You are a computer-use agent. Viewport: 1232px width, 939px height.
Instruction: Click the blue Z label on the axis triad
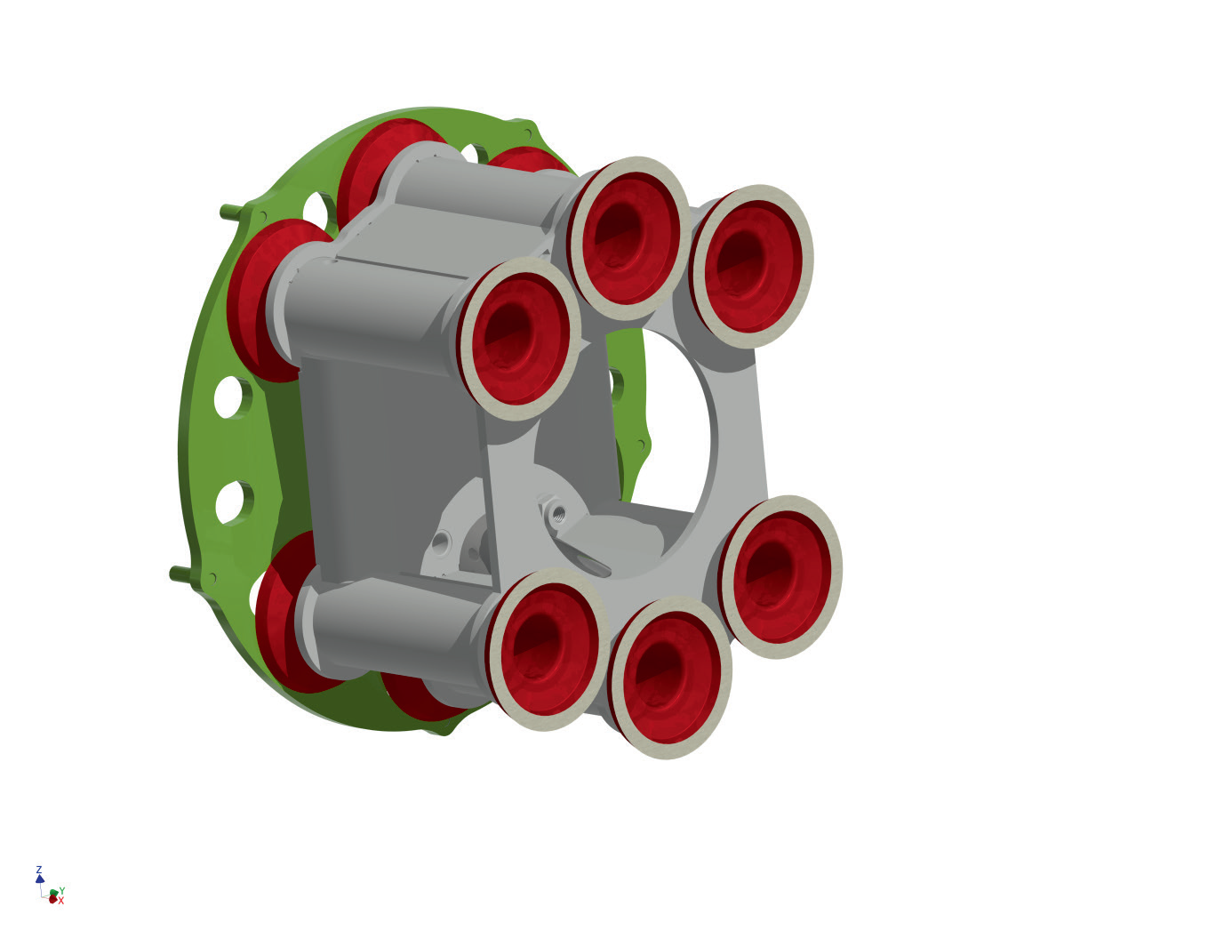pos(39,870)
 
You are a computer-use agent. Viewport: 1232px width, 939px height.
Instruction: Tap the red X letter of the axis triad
pos(61,901)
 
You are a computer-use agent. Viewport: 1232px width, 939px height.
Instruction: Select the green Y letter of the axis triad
pos(62,890)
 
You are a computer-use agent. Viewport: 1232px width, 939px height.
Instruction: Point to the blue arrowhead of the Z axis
pos(40,879)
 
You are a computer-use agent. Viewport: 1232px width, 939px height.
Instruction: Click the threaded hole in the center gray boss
pos(559,512)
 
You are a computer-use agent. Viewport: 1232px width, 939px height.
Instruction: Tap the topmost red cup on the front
pos(628,237)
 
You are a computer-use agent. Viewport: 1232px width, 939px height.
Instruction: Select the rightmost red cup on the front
pos(780,576)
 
